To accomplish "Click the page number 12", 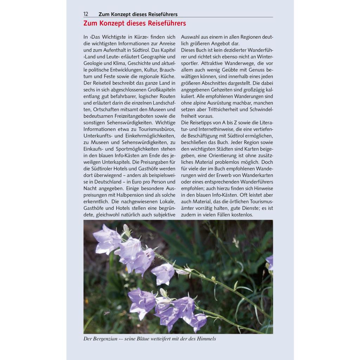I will coord(86,14).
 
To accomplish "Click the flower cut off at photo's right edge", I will coord(270,262).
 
